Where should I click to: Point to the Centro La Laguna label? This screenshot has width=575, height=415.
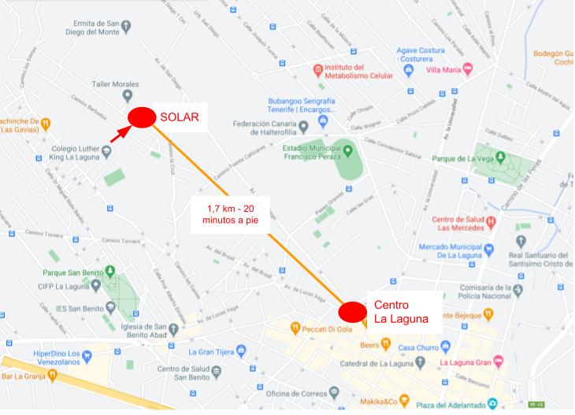401,312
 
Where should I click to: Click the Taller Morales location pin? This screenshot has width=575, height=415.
128,97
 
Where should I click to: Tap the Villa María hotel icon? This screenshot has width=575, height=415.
468,70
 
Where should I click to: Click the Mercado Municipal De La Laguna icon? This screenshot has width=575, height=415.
488,250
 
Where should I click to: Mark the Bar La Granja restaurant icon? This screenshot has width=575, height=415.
52,376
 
